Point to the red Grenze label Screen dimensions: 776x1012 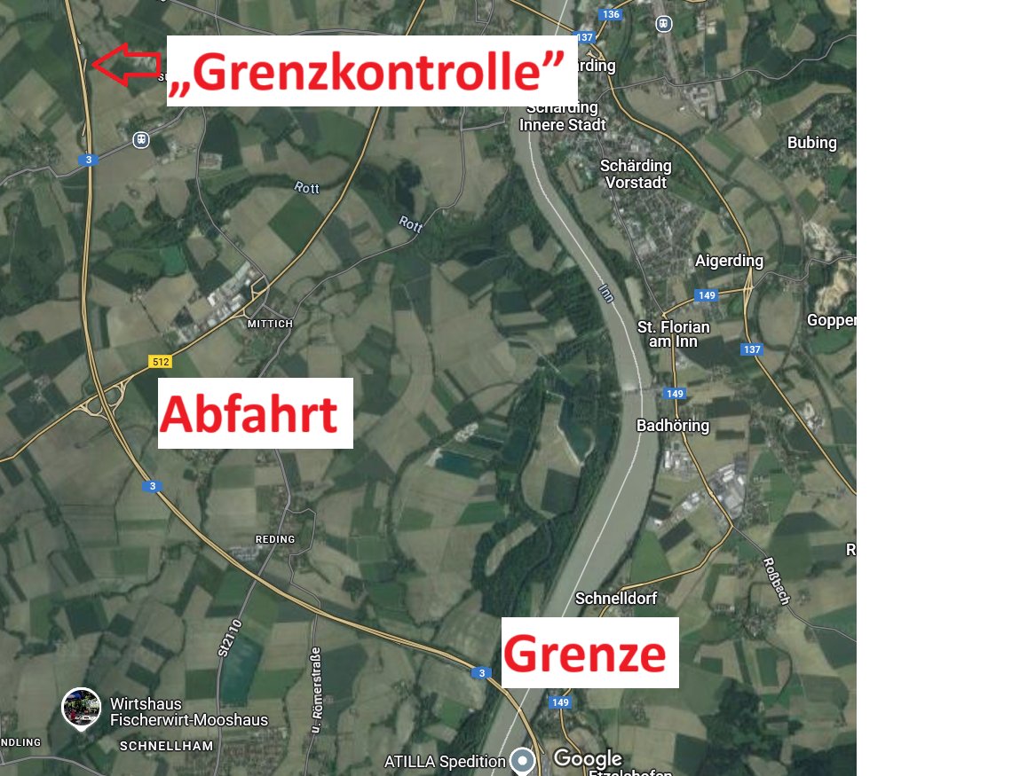[586, 654]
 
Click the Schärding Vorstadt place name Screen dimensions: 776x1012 [636, 174]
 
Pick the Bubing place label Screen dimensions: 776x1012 [811, 143]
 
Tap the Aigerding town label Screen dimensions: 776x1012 [729, 261]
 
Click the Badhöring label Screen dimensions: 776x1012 [673, 426]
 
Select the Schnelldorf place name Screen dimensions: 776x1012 [616, 599]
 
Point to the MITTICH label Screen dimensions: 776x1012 [270, 324]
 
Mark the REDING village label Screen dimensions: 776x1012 [275, 539]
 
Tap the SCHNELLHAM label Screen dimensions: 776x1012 [167, 746]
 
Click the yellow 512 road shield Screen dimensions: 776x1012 [160, 361]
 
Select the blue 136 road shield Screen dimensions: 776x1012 [610, 14]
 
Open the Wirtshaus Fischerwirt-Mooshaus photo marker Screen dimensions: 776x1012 [81, 708]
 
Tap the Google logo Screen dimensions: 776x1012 [588, 758]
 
